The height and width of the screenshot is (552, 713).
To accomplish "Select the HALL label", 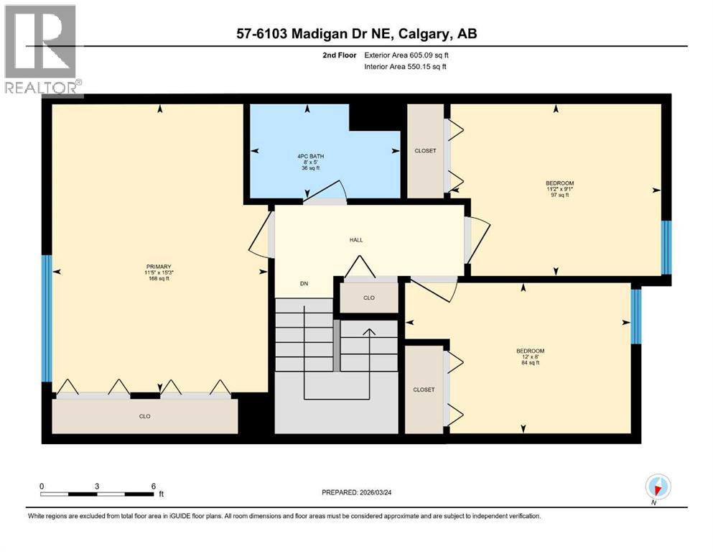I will (357, 240).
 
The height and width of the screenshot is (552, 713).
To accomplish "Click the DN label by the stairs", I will (304, 284).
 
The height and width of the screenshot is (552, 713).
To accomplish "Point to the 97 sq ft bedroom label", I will (559, 189).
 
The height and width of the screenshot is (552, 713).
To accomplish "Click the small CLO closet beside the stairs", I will (369, 297).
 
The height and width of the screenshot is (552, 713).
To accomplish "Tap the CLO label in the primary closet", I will (144, 416).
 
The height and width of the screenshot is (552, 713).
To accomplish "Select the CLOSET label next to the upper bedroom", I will (425, 151).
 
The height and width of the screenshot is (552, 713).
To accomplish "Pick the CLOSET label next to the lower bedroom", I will (424, 390).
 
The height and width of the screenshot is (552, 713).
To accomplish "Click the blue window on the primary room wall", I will (47, 318).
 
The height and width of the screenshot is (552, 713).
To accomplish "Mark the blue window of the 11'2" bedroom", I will (666, 247).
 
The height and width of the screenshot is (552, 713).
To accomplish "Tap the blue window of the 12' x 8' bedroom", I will (635, 316).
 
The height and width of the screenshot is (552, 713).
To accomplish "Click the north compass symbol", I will (658, 488).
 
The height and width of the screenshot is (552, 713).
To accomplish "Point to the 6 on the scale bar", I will (153, 486).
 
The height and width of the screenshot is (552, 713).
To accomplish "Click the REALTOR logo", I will (42, 50).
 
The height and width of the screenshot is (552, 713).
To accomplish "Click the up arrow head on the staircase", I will (369, 332).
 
